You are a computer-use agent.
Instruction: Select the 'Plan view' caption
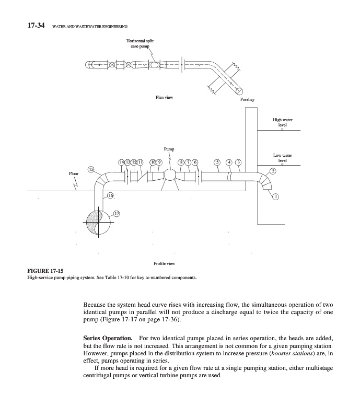[x=165, y=98]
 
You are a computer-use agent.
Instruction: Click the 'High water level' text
[x=283, y=123]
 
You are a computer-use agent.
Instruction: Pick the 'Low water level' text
[x=283, y=158]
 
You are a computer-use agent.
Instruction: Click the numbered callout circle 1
[x=276, y=196]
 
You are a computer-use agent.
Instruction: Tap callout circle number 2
[x=272, y=171]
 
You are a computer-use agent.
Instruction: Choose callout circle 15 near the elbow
[x=91, y=169]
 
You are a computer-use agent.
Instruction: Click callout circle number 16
[x=110, y=195]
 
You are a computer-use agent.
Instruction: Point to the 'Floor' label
[x=74, y=173]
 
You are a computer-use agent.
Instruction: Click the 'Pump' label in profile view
[x=169, y=149]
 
